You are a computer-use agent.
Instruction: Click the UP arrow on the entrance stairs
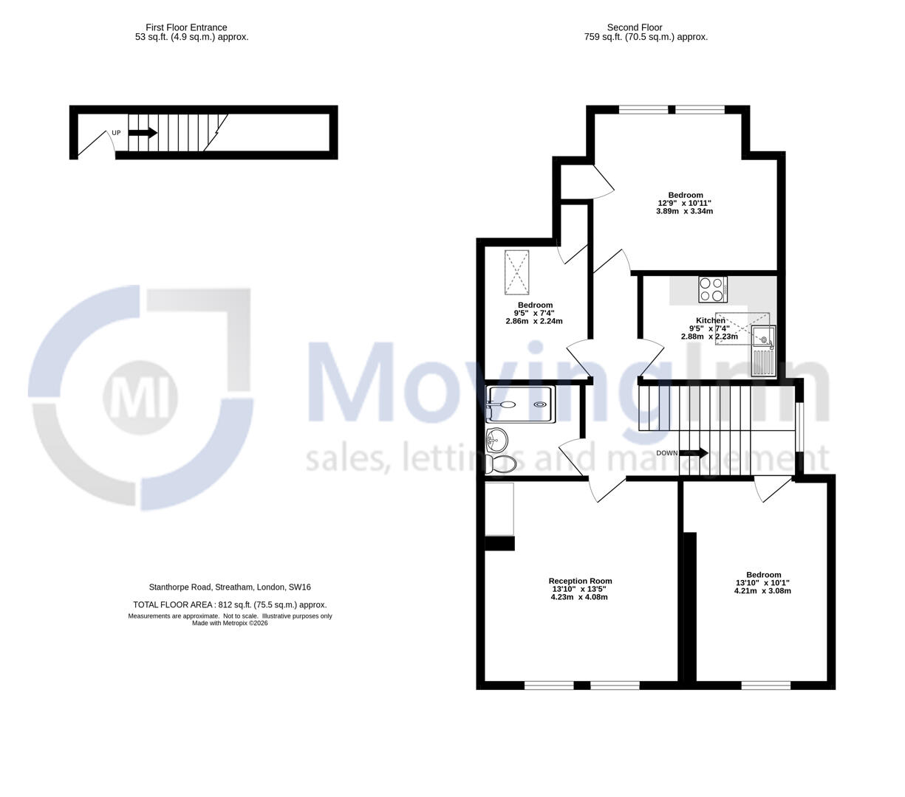tap(143, 133)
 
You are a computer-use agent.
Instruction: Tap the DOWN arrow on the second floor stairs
tap(693, 453)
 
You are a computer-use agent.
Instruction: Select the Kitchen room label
tap(710, 320)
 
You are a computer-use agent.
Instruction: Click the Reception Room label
tap(580, 581)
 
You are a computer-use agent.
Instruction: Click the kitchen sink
tap(762, 340)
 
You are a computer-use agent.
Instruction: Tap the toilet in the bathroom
tap(502, 464)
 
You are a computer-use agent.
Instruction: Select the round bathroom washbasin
tap(496, 441)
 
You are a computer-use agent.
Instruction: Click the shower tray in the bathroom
tap(519, 404)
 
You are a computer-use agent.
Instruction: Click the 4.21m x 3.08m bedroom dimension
tap(762, 590)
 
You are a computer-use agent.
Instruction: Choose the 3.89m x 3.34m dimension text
tap(684, 211)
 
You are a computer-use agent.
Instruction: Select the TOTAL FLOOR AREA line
tap(230, 604)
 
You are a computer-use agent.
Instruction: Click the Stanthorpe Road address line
tap(230, 587)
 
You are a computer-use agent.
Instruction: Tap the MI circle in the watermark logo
tap(140, 397)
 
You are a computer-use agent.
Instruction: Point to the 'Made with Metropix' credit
tap(230, 623)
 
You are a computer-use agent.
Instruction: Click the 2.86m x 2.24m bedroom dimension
tap(534, 321)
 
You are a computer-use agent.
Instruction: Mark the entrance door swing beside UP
tap(95, 144)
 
